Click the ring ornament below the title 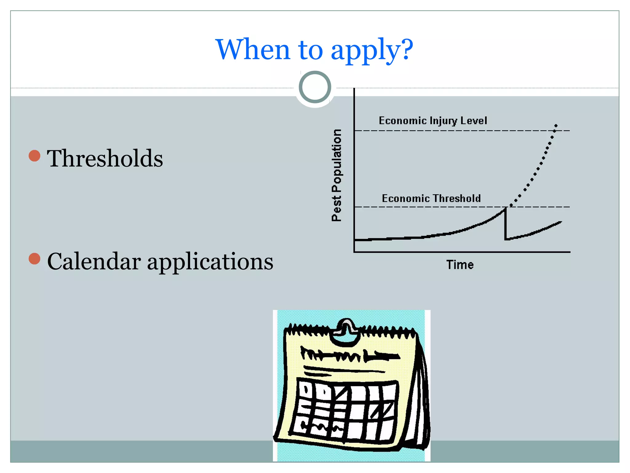click(315, 87)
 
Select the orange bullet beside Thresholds click(34, 156)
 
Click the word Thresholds click(105, 158)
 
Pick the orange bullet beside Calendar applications click(34, 259)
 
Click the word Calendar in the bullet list click(94, 261)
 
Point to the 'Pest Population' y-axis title click(337, 175)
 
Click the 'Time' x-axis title click(460, 265)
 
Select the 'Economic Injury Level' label click(433, 120)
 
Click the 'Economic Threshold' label click(431, 198)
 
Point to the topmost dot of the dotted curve click(556, 126)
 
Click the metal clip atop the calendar click(347, 329)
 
